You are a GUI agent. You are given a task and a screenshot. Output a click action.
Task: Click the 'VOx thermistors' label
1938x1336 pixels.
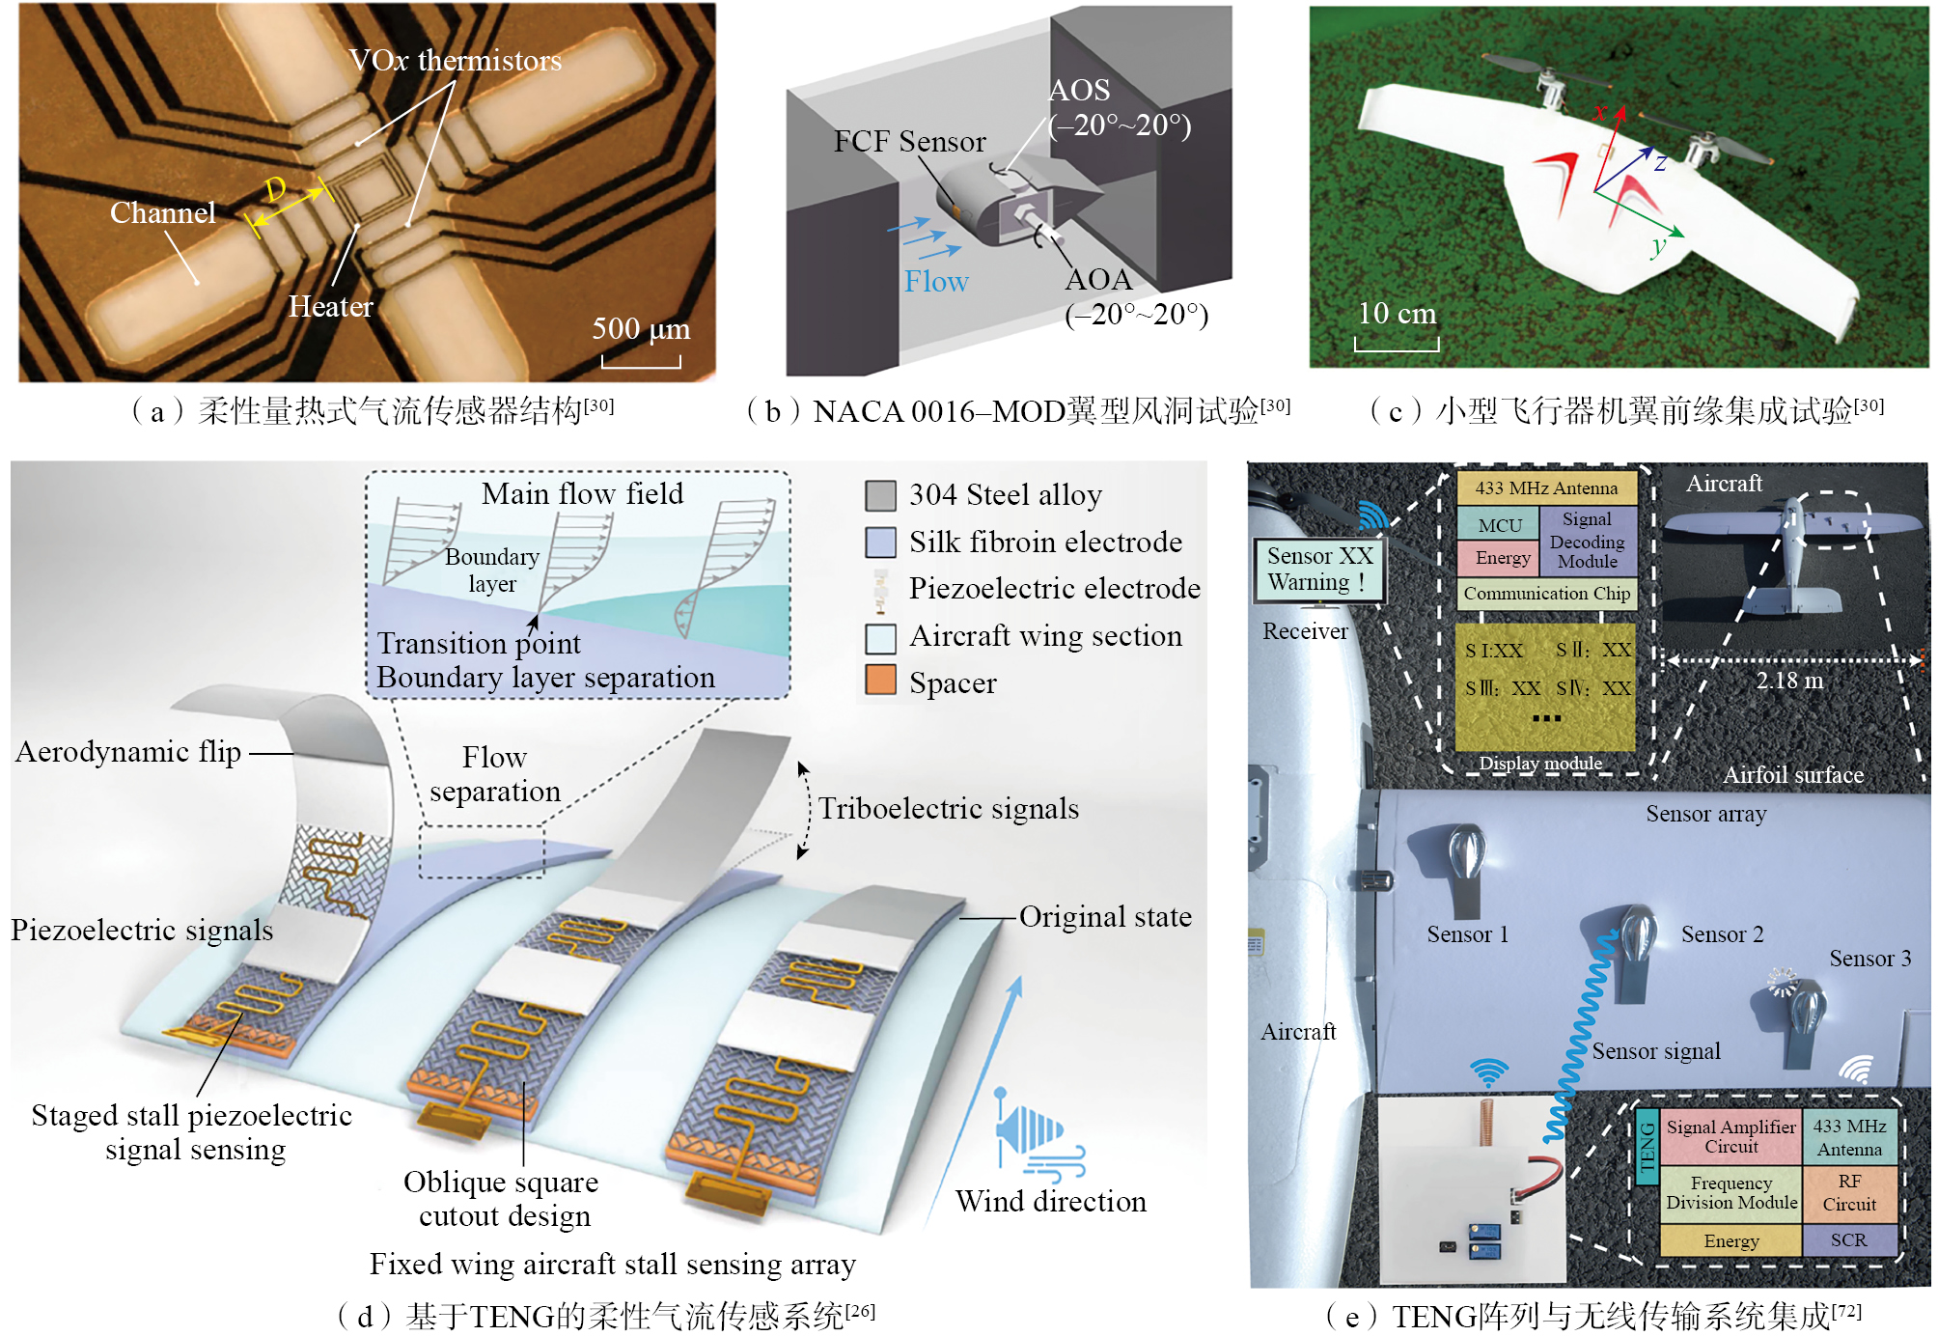[455, 61]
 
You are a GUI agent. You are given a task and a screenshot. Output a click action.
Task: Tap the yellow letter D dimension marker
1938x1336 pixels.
[275, 189]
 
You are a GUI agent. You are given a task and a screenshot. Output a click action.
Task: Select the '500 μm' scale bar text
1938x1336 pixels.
[641, 329]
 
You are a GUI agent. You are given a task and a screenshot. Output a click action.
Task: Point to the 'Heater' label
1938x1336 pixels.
[330, 307]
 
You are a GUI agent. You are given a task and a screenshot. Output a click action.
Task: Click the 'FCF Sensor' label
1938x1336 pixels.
[909, 142]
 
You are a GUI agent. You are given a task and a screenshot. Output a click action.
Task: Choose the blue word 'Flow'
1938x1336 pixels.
[935, 282]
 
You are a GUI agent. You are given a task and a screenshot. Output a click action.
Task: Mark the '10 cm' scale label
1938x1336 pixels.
[1397, 314]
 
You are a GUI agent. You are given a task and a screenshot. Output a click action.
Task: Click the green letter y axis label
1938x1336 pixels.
[1658, 246]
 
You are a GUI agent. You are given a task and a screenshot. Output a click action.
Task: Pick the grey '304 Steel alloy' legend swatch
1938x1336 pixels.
[880, 496]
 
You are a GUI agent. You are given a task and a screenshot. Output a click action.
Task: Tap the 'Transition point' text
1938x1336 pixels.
[479, 643]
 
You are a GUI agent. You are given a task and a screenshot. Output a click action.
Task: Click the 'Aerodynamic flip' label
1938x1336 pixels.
[128, 752]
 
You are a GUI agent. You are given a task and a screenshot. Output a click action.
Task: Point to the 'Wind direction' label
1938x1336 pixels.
[1051, 1202]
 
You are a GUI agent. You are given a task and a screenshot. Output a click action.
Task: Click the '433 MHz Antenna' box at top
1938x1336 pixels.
[1546, 488]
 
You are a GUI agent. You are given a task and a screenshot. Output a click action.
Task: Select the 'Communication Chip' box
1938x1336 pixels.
[1546, 594]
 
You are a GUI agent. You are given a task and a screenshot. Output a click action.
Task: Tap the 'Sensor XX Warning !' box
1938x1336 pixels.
[1319, 570]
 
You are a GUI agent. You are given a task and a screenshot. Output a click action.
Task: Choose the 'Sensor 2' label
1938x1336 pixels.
[1722, 934]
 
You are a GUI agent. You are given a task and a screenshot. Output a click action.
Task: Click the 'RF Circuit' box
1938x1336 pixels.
[1849, 1193]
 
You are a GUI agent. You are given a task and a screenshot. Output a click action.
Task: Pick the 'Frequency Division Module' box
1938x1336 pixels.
[1731, 1193]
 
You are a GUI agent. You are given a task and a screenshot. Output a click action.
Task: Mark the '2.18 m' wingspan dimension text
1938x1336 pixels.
[1789, 681]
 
